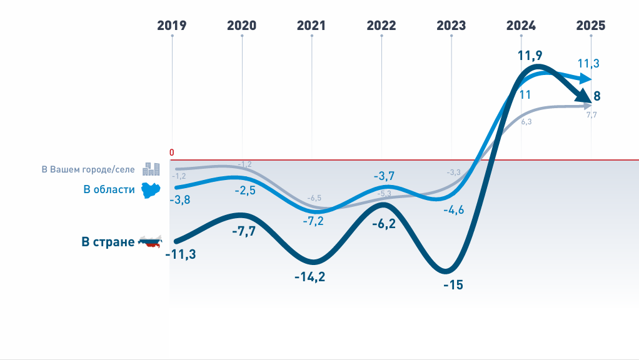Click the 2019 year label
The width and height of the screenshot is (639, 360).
(172, 26)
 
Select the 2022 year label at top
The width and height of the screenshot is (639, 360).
(381, 26)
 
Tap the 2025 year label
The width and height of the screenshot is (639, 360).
(591, 26)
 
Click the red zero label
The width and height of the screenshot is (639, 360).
(172, 152)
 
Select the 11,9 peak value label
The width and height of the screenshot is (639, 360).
(530, 55)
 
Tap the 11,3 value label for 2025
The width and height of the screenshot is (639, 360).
(589, 63)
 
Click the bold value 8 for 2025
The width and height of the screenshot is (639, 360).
(597, 96)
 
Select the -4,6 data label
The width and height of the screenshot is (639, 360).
(453, 209)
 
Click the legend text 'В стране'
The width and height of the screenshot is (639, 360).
(108, 242)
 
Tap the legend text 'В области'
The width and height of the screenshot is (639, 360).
(109, 189)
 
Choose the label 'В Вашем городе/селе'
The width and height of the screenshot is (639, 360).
(88, 169)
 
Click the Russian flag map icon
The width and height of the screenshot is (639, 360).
(150, 241)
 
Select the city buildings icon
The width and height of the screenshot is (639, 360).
(151, 169)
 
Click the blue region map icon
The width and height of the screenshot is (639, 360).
(151, 189)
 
